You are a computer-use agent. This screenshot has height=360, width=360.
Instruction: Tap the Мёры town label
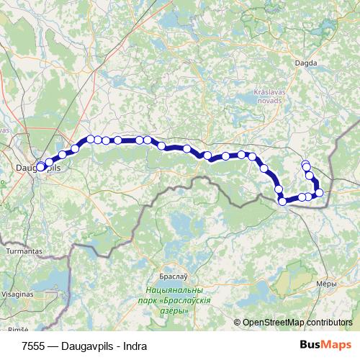tap(328, 285)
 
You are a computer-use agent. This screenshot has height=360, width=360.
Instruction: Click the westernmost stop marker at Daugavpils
tap(40, 167)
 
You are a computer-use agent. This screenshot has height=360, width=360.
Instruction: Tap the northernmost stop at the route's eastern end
tap(305, 164)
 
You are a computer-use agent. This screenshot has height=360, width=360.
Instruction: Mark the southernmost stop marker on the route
tap(283, 202)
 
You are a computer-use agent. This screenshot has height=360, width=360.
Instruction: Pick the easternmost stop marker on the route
tap(320, 192)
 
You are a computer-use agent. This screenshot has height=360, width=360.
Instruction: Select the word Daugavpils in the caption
tap(86, 346)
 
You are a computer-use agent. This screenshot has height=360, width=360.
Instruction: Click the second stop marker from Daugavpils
tap(49, 162)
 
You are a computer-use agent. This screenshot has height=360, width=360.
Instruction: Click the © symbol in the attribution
tap(238, 323)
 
